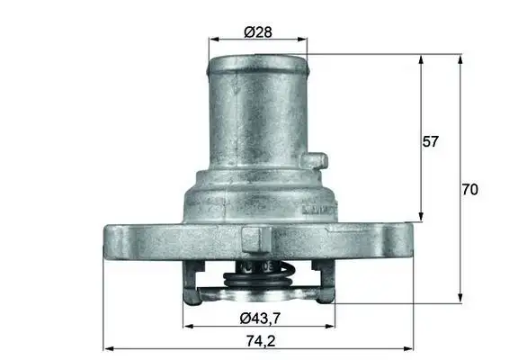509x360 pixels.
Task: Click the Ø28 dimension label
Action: [258, 33]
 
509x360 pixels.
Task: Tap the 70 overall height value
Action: [469, 190]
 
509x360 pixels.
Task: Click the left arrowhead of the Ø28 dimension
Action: [212, 40]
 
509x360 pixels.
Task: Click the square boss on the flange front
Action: [256, 239]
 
